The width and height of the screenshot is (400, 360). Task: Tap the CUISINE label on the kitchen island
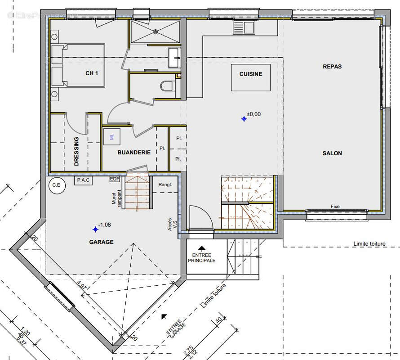click(x=251, y=74)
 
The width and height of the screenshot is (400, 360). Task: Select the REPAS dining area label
click(x=332, y=67)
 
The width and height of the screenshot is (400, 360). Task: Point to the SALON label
click(x=332, y=153)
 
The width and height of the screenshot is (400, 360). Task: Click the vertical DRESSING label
click(x=76, y=152)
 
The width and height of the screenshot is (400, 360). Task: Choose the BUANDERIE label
click(x=134, y=153)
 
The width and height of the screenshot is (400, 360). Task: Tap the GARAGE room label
click(x=101, y=242)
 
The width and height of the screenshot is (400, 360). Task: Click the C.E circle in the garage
click(x=56, y=184)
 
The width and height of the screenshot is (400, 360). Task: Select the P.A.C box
click(x=84, y=180)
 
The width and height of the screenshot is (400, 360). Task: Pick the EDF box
click(x=115, y=179)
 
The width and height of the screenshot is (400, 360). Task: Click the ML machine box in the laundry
click(x=111, y=136)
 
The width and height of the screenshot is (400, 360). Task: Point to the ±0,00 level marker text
click(x=253, y=114)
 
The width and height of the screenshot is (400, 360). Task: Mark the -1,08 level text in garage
click(x=104, y=225)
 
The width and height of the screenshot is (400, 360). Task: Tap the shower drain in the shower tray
click(x=156, y=31)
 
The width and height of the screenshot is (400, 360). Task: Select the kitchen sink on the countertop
click(x=243, y=28)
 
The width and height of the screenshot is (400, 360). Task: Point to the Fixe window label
click(x=335, y=207)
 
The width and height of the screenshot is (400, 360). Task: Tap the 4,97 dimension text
click(x=81, y=285)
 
